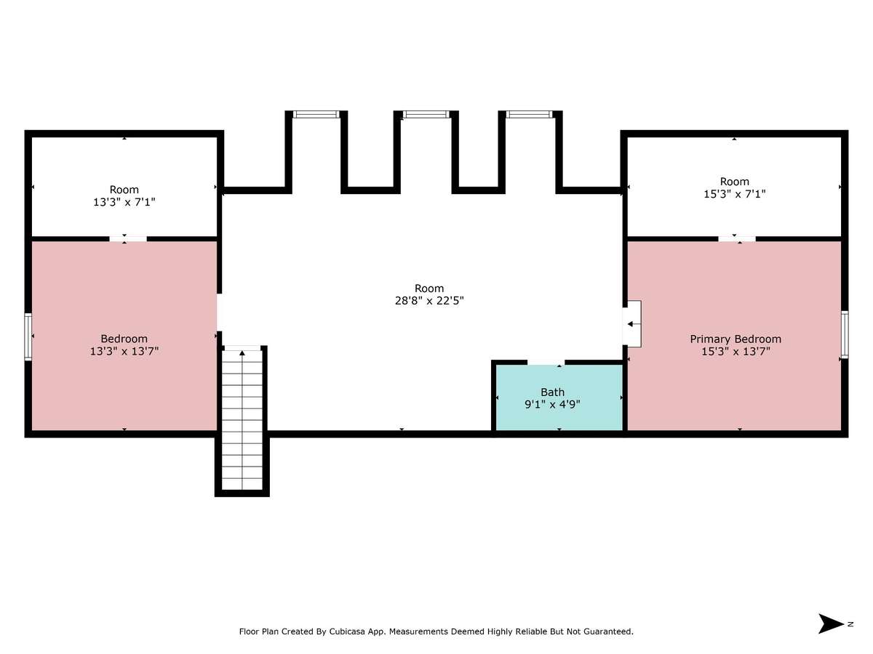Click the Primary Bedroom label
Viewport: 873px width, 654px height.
click(x=736, y=339)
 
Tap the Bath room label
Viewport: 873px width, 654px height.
click(x=552, y=392)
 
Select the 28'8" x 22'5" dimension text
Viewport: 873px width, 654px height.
click(x=429, y=301)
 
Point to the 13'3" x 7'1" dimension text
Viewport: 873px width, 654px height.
click(x=124, y=202)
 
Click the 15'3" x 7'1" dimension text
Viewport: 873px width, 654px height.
click(x=735, y=194)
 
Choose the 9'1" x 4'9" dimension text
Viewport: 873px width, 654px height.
click(x=552, y=404)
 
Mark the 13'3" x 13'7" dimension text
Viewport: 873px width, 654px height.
click(x=124, y=351)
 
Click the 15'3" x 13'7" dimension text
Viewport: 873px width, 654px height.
click(x=736, y=352)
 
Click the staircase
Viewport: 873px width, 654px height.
click(x=242, y=420)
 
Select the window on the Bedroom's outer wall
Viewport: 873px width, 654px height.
click(x=28, y=336)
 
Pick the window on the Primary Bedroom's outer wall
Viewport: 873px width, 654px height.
click(x=845, y=335)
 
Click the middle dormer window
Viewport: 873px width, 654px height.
click(x=426, y=114)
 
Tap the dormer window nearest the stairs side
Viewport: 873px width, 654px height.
click(x=316, y=114)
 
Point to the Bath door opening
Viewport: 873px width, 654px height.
click(x=546, y=362)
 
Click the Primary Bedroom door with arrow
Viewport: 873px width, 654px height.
click(x=631, y=324)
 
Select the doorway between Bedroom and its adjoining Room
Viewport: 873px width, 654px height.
click(x=128, y=238)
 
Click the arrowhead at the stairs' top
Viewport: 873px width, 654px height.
click(x=242, y=352)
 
